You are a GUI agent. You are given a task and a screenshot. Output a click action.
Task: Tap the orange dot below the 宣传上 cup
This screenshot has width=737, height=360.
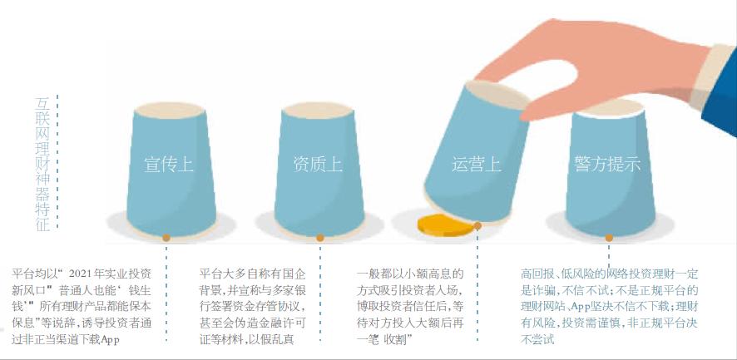click(166, 238)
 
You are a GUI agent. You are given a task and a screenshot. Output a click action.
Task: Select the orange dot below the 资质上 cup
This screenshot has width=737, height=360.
click(320, 238)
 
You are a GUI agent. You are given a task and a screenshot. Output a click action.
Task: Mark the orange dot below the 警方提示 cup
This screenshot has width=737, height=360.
click(610, 238)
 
